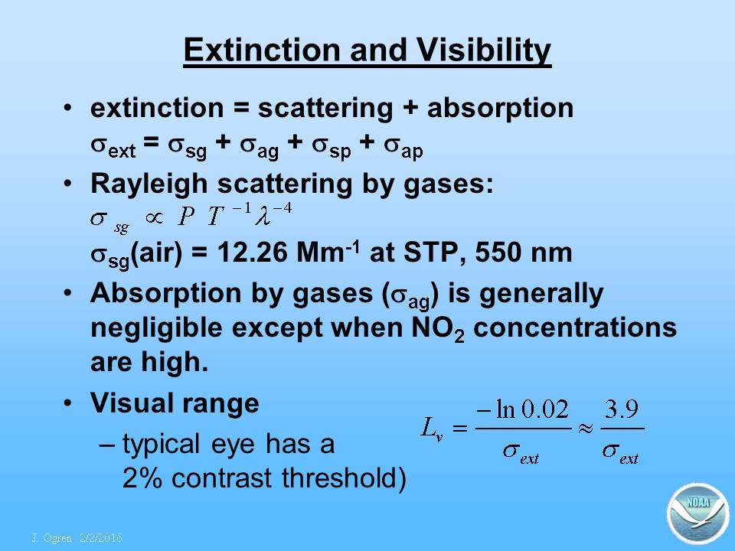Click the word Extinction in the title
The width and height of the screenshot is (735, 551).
click(x=262, y=49)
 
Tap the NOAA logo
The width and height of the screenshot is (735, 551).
click(x=698, y=514)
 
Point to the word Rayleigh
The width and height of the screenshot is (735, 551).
click(x=149, y=184)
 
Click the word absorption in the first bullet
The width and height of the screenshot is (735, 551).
click(x=500, y=109)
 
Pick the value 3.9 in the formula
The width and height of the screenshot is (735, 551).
click(x=621, y=409)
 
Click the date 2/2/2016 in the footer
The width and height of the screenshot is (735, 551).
click(x=101, y=538)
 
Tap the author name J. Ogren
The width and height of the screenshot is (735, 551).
click(x=52, y=538)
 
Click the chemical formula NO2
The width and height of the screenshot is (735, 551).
click(x=438, y=328)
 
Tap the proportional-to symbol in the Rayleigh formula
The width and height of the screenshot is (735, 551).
click(x=154, y=217)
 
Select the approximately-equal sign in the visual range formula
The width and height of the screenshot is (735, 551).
click(x=586, y=428)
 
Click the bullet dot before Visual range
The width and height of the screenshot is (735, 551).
click(x=68, y=403)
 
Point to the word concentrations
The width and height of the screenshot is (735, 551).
click(x=575, y=328)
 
